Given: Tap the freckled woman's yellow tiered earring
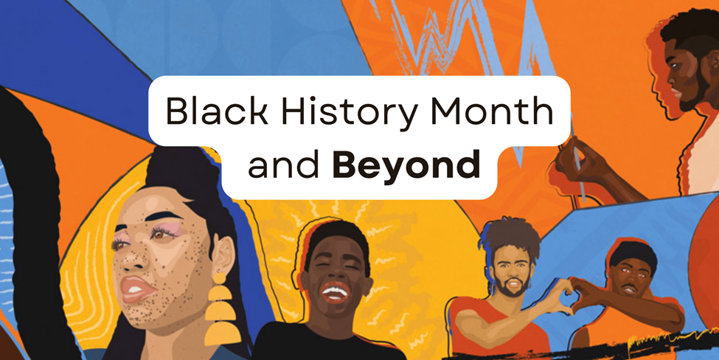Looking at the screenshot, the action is click(x=222, y=309).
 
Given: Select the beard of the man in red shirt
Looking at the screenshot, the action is click(x=510, y=286).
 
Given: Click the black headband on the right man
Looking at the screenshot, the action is click(x=633, y=252).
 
